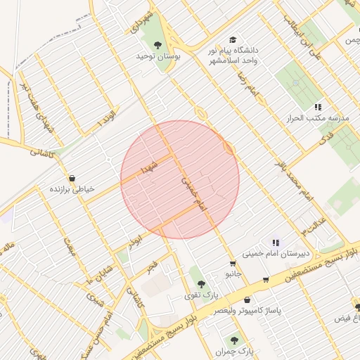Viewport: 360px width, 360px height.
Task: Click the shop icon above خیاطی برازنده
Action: pyautogui.click(x=75, y=178)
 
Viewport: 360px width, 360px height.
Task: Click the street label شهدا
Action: pyautogui.click(x=150, y=167)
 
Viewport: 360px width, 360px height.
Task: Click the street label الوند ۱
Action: pyautogui.click(x=107, y=118)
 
